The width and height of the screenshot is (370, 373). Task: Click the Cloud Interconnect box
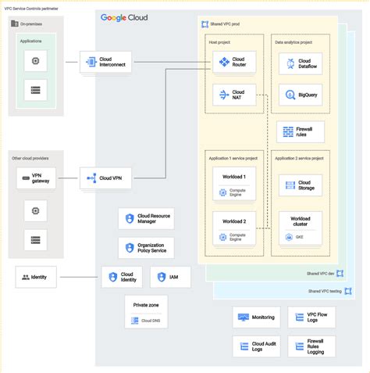coord(105,63)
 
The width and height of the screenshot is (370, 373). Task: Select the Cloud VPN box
coord(105,178)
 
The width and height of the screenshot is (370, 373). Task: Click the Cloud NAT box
coord(233,95)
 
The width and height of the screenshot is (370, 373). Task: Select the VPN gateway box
coord(35,178)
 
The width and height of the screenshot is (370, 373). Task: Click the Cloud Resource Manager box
coord(146,221)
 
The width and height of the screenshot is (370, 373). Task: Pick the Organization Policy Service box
coord(146,249)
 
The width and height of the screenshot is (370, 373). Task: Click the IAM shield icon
coord(160,278)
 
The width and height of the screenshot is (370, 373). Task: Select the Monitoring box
coord(256,317)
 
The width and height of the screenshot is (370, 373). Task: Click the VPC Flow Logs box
coord(311,317)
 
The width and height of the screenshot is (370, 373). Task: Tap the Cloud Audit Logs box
coord(256,346)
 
